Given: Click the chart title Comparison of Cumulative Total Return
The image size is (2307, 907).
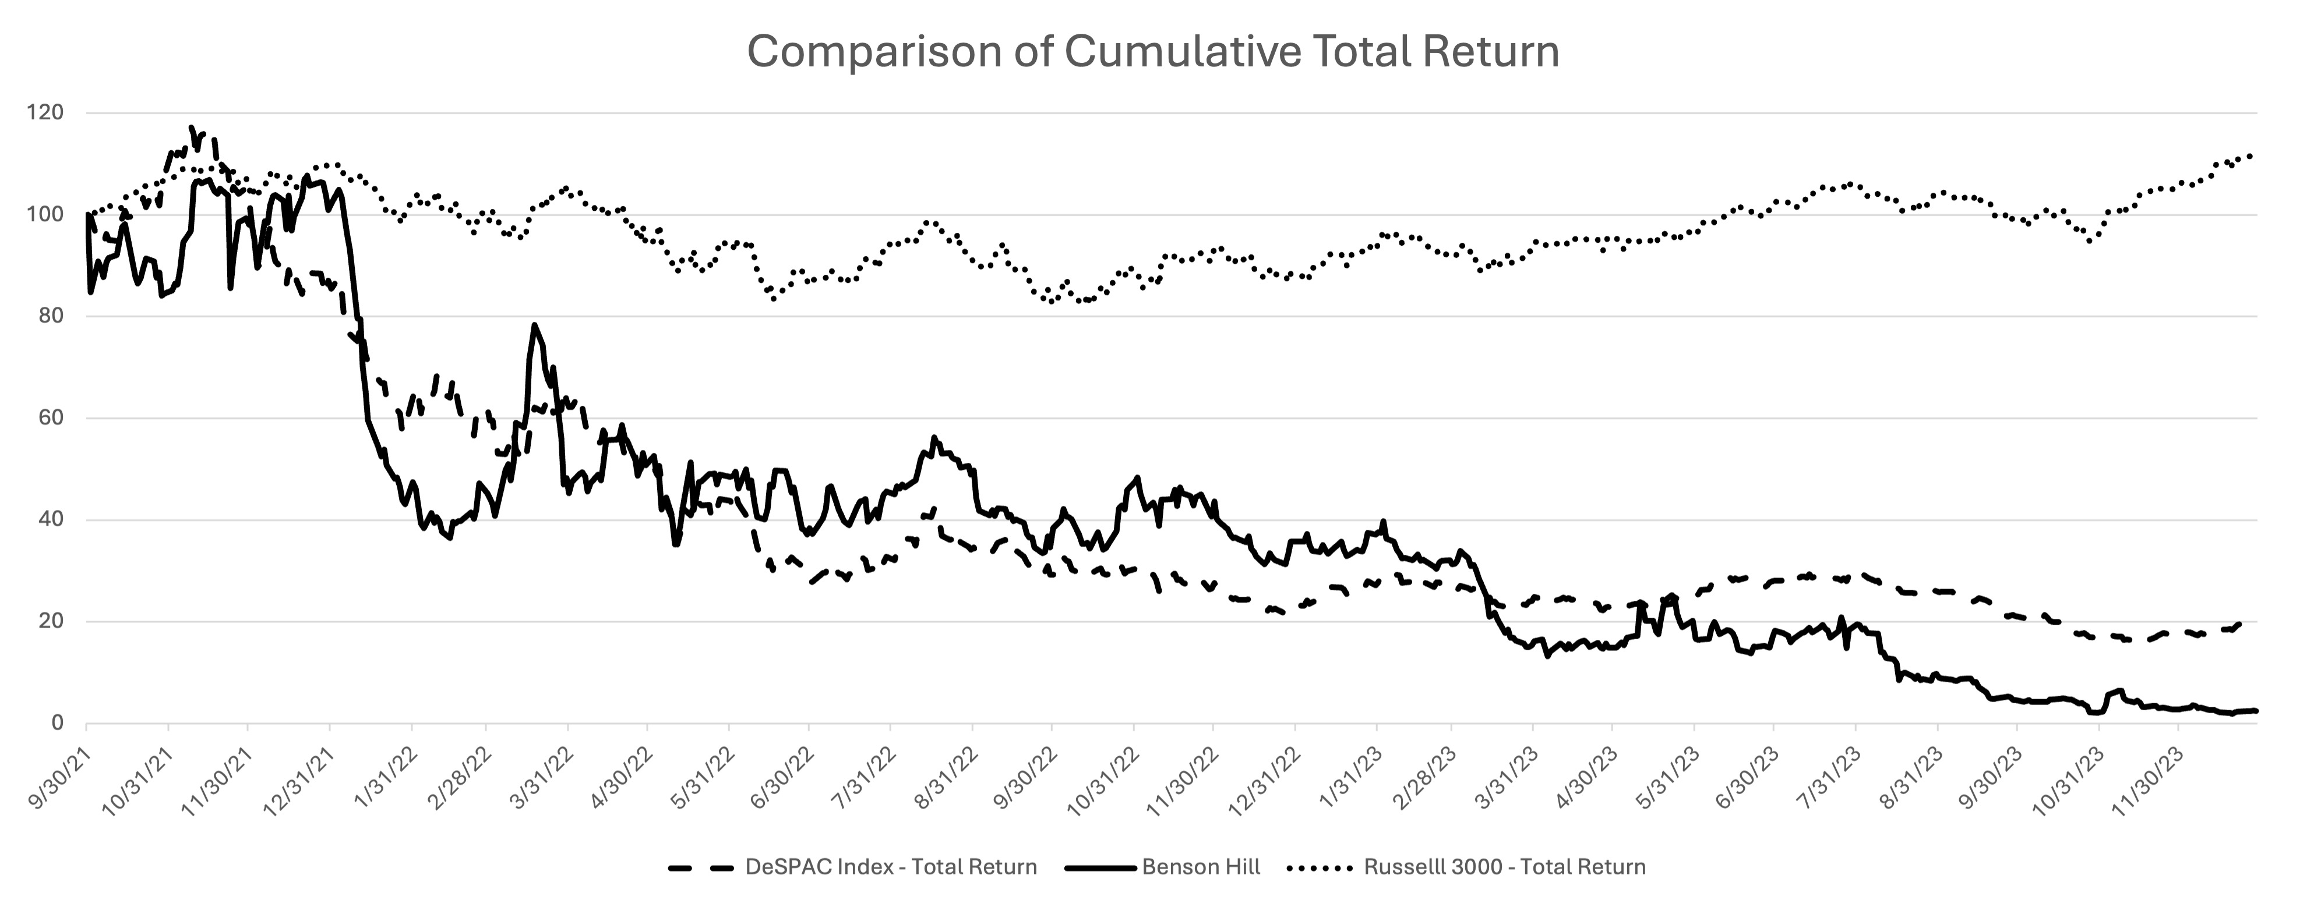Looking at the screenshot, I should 1152,52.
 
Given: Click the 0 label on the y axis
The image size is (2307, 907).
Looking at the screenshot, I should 57,724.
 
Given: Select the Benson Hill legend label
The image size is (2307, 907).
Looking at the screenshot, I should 1201,867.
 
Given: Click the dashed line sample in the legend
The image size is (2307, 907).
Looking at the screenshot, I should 701,867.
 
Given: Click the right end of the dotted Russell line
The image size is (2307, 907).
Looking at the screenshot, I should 2250,156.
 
